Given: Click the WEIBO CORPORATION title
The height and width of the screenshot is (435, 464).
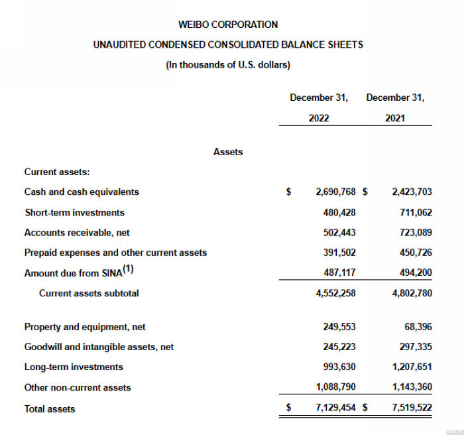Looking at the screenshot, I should (x=228, y=25).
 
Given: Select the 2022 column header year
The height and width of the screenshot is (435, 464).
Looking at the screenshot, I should (x=318, y=118).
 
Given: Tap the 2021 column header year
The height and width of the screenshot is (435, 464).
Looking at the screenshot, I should (x=395, y=118).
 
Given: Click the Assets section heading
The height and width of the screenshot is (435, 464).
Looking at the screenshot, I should (x=228, y=152).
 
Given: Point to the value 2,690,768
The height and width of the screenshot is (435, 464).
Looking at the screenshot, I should (x=337, y=192).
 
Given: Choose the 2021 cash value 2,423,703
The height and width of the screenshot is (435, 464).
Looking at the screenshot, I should (x=412, y=192).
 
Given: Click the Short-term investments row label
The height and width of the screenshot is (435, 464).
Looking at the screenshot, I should (x=74, y=212).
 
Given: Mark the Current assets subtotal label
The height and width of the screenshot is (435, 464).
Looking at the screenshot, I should (x=89, y=292).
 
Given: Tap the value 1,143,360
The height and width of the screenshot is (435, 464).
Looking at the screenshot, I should (x=412, y=387).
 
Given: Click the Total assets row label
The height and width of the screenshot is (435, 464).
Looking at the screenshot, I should (x=50, y=409).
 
